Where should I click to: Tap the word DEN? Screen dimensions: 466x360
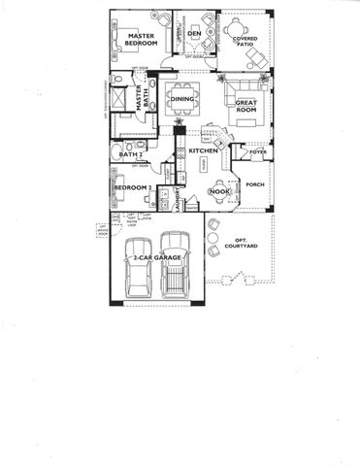(x=195, y=34)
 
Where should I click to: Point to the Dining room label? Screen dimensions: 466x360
(x=183, y=99)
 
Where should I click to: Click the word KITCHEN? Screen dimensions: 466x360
(x=202, y=151)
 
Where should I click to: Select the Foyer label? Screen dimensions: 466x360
(x=257, y=152)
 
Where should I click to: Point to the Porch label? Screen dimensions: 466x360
(x=255, y=183)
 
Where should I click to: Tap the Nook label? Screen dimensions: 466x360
(x=219, y=191)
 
